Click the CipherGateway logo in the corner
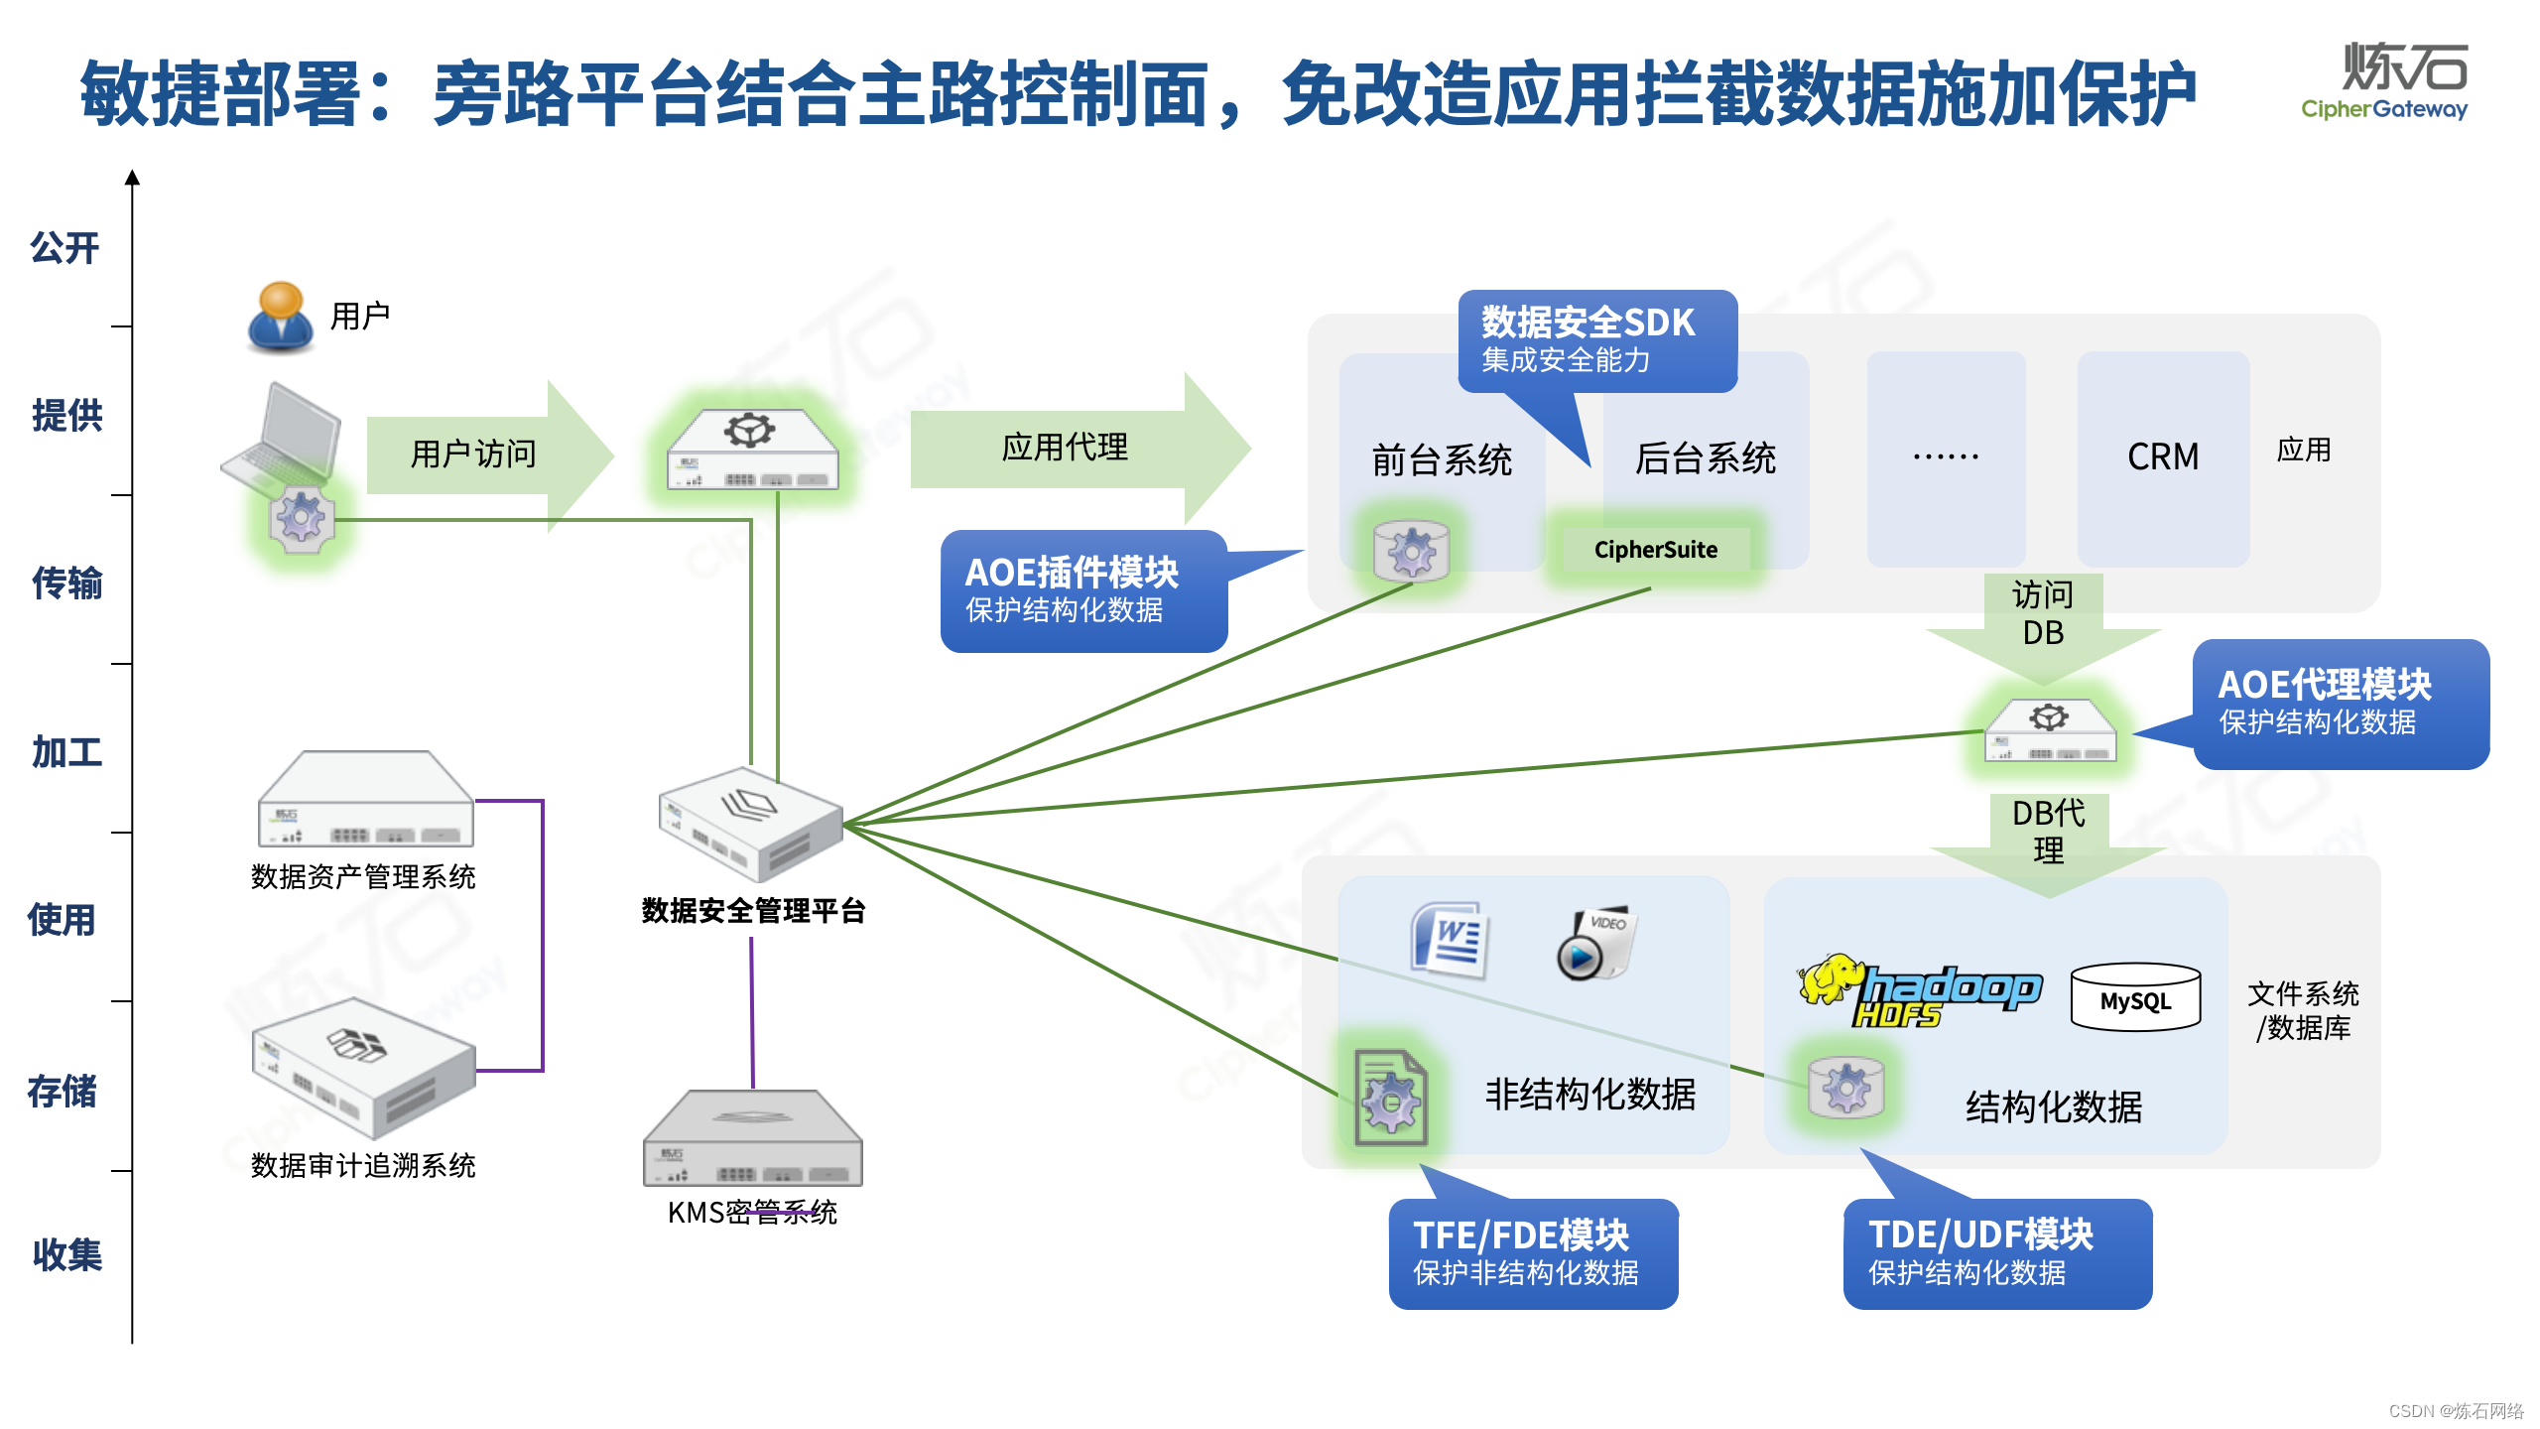(2385, 81)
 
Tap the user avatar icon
(281, 317)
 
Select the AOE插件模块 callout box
(1083, 590)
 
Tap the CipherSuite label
(1655, 550)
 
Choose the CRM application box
(2163, 457)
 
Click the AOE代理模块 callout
(2340, 704)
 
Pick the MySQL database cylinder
(2135, 997)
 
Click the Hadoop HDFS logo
(1919, 991)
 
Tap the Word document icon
(1450, 938)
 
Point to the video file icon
(1594, 942)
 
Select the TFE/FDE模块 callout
(1532, 1253)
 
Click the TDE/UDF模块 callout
(1996, 1253)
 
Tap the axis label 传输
(66, 584)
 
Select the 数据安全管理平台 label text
(753, 911)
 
